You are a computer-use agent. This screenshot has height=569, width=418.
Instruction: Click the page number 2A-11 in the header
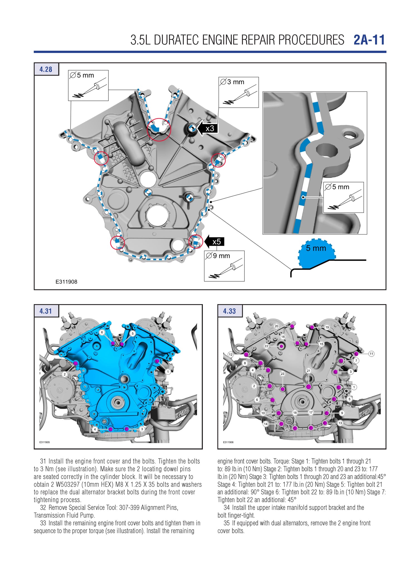point(369,40)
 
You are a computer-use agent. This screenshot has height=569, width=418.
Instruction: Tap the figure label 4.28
point(46,69)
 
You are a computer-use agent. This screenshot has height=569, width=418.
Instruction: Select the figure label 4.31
point(46,311)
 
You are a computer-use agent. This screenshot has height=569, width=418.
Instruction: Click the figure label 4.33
point(229,311)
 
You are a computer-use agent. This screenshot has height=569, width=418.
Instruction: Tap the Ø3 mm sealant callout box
point(239,92)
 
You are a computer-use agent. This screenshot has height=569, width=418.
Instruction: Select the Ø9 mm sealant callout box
point(224,266)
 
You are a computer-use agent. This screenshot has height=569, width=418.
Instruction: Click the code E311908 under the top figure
point(66,282)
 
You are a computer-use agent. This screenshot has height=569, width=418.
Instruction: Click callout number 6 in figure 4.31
point(102,332)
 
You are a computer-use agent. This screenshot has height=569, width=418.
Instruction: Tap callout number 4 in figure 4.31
point(95,429)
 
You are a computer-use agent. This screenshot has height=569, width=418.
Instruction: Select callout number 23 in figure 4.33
point(282,374)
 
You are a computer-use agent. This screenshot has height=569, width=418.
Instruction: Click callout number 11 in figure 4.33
point(371,354)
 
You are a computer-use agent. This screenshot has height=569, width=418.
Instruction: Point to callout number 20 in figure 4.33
point(276,326)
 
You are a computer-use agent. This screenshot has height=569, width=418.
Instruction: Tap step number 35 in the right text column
point(227,523)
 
